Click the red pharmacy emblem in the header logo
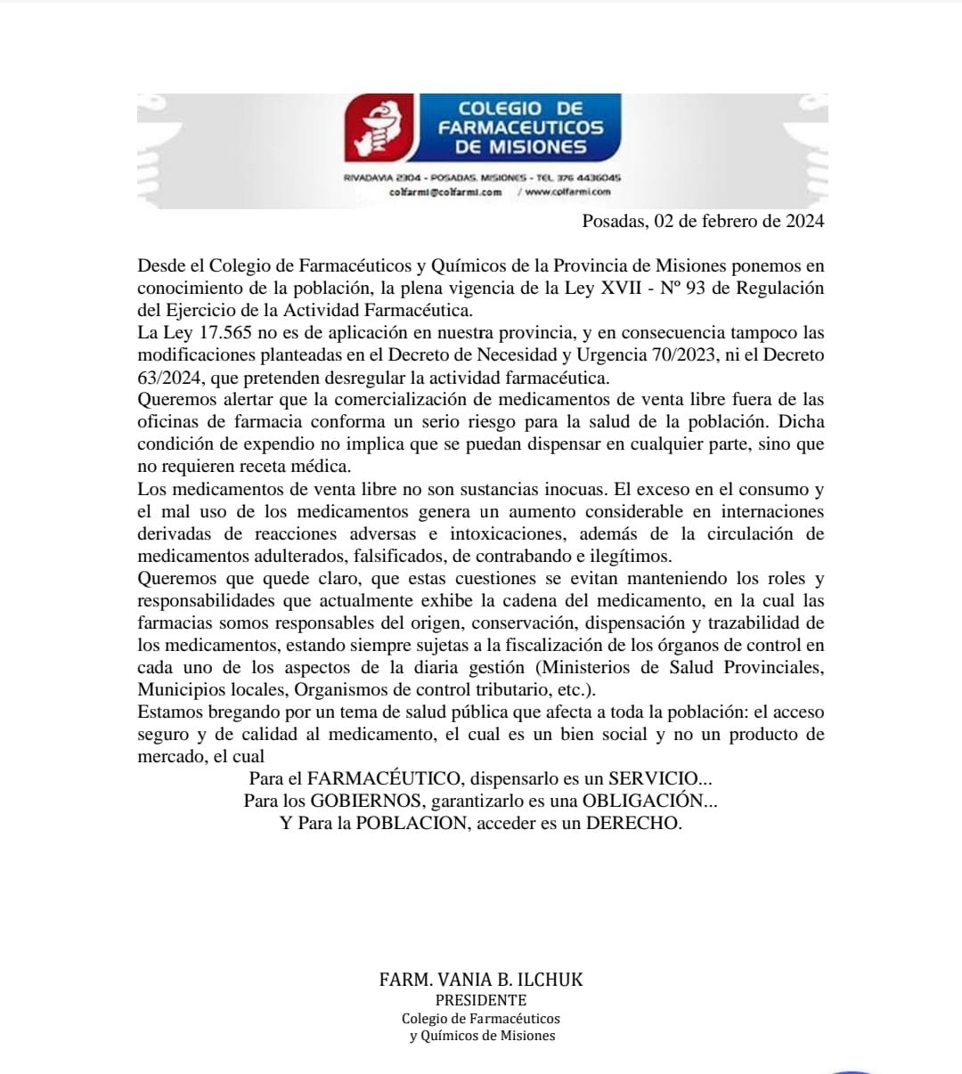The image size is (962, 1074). pos(379,127)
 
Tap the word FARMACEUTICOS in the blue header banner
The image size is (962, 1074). pos(520,128)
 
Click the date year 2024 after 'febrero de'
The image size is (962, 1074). pos(804,221)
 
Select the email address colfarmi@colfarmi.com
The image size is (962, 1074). pos(445,191)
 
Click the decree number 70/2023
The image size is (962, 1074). pos(688,355)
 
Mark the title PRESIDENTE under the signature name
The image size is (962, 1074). pos(481,1000)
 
